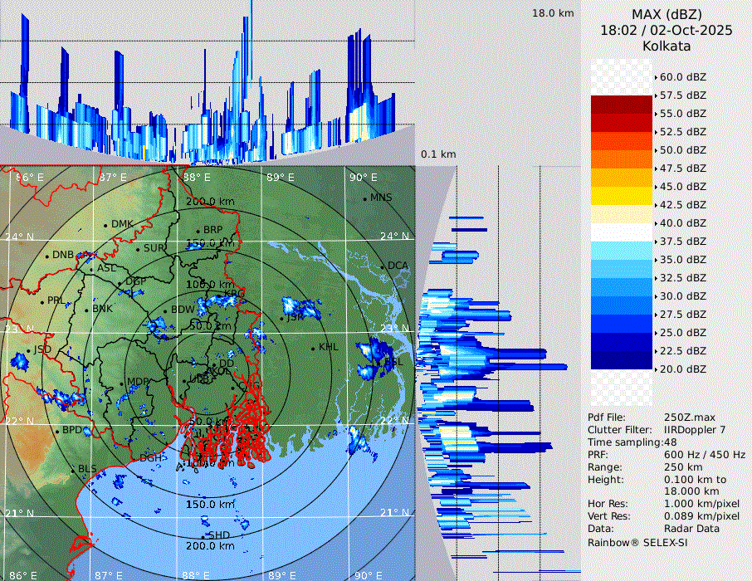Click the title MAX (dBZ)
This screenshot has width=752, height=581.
[x=667, y=14]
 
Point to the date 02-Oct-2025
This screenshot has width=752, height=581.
[x=686, y=31]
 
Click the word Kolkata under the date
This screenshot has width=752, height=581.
[x=667, y=46]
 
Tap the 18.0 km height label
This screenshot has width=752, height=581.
[x=553, y=13]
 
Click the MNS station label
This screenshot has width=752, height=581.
[x=381, y=198]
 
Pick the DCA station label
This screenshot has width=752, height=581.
[x=398, y=266]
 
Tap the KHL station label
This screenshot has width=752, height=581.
[x=329, y=347]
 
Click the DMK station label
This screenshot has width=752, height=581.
[x=122, y=224]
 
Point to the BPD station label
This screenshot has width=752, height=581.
[x=72, y=430]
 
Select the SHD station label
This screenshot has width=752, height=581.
[x=220, y=535]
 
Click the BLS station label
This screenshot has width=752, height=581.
[x=87, y=469]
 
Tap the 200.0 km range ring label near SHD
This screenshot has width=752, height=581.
[x=209, y=546]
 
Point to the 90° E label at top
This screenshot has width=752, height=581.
[x=363, y=177]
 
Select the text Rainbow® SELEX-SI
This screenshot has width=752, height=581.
[x=637, y=542]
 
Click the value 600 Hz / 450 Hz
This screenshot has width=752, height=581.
[x=705, y=455]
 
